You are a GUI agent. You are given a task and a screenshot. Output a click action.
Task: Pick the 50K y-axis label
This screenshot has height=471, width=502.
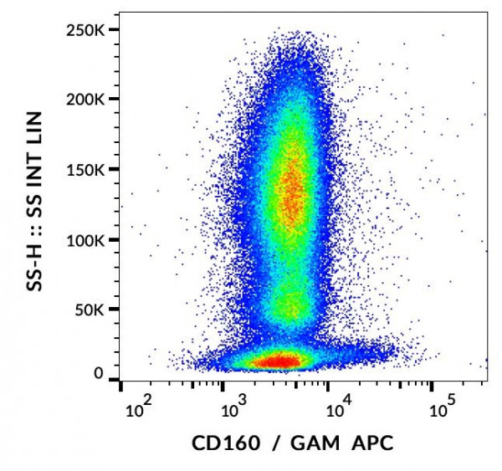click(93, 310)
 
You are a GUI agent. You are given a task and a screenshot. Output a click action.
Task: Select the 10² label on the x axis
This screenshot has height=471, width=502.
click(136, 408)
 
